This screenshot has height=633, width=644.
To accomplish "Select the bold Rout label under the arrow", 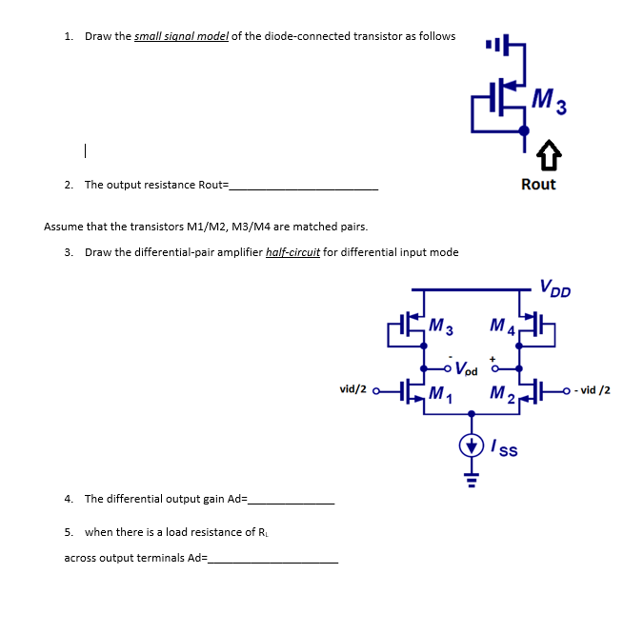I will (538, 184).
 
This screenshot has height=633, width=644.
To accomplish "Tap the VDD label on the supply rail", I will (554, 287).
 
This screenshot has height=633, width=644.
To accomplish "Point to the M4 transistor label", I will (502, 327).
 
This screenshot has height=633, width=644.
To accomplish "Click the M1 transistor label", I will (439, 392).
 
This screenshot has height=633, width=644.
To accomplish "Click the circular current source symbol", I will (470, 445).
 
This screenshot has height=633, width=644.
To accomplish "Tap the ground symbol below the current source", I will (470, 477).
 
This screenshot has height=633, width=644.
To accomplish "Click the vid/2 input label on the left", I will (353, 389).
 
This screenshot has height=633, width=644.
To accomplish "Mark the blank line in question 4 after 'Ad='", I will (291, 500).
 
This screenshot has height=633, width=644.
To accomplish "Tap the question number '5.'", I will (70, 532).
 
